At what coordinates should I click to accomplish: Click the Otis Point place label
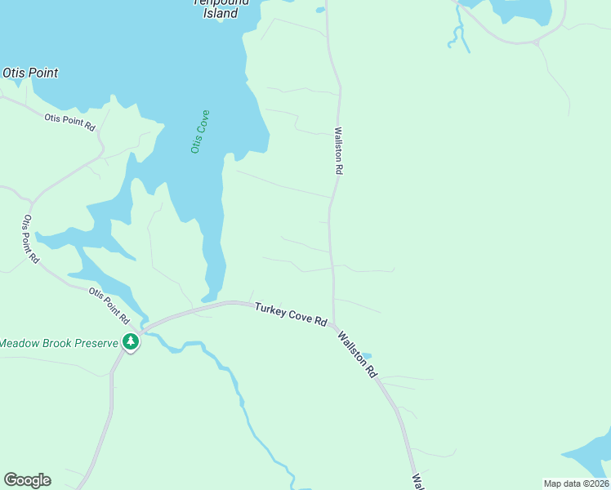30,73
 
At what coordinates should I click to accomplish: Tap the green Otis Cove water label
199,131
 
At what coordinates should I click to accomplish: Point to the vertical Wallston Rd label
337,150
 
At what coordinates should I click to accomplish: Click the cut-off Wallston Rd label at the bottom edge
416,481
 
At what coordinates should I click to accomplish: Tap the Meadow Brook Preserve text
59,343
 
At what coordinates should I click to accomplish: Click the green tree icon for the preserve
130,342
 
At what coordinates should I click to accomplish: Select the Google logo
27,479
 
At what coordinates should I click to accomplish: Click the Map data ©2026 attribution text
576,483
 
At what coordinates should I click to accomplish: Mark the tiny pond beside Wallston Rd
366,356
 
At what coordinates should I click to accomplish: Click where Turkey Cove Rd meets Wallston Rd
333,323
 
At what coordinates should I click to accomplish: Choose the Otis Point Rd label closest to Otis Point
70,122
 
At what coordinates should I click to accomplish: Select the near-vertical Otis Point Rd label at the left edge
31,238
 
